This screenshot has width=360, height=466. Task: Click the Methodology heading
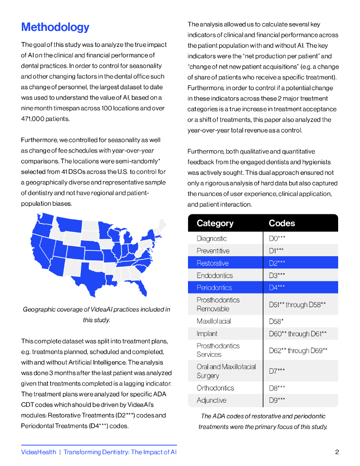tap(55, 27)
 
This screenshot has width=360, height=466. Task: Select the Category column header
tap(215, 223)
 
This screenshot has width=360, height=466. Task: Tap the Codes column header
tap(282, 223)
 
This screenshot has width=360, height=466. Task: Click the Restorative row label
tap(213, 263)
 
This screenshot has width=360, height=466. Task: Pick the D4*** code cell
tap(277, 288)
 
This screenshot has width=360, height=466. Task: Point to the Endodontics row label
tap(214, 275)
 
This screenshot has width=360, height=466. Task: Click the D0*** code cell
tap(277, 238)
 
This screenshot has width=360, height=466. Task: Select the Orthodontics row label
tap(215, 388)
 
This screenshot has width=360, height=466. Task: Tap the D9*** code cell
tap(277, 400)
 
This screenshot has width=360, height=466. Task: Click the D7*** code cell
tap(277, 371)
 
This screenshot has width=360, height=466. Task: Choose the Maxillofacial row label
tap(213, 321)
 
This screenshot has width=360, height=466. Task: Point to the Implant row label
tap(207, 334)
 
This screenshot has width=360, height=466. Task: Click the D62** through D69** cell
tap(298, 350)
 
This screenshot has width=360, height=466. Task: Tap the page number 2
tap(337, 452)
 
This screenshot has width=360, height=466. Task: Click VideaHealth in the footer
tap(39, 452)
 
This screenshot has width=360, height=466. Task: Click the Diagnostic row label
tap(212, 238)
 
